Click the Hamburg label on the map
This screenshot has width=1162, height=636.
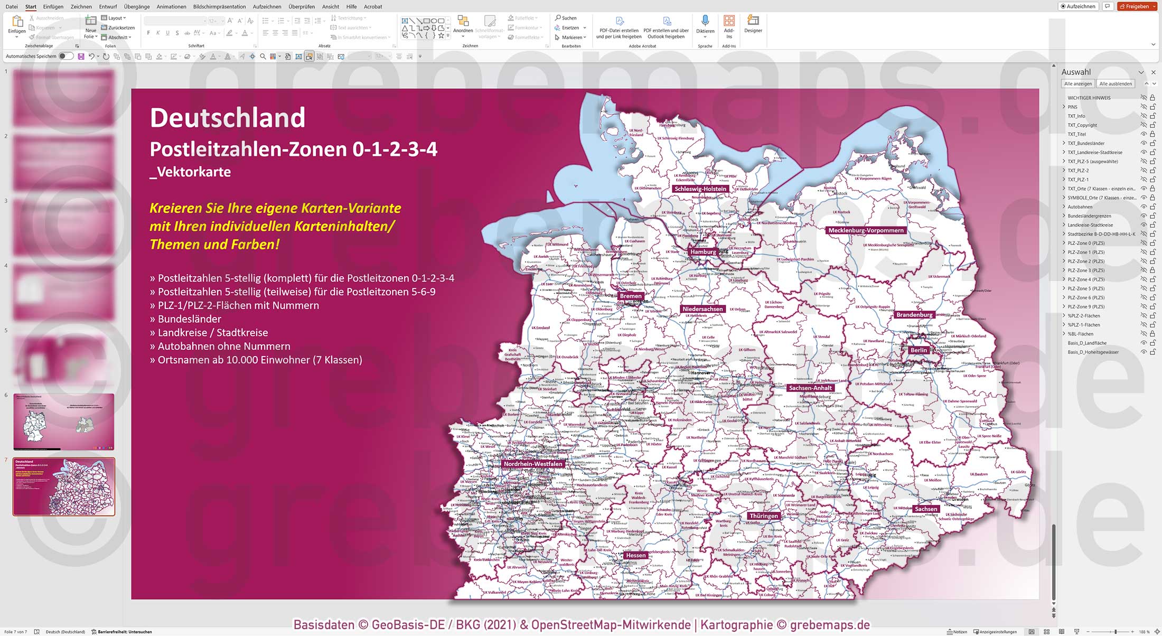pos(703,252)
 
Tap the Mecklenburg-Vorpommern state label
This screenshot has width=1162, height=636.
pos(866,230)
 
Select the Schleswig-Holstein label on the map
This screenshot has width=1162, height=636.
pos(700,189)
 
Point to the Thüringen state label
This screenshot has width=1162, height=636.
pos(763,516)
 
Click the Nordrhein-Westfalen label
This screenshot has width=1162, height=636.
pos(532,464)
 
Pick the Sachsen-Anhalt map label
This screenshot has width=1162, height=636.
pos(810,388)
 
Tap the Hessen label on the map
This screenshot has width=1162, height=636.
pos(635,555)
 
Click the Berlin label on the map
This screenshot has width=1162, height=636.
pos(919,350)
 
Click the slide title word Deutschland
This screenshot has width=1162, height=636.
pos(228,117)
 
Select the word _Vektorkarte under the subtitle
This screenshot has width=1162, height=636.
pos(190,172)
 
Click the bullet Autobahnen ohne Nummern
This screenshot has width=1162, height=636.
pos(224,346)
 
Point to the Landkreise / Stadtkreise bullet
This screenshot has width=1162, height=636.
pos(213,332)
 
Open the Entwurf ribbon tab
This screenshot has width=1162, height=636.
pos(108,6)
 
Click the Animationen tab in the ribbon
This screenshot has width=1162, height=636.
pos(171,6)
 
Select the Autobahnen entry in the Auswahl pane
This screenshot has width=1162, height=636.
pos(1080,207)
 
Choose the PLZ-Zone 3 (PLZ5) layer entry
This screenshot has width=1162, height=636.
pos(1086,270)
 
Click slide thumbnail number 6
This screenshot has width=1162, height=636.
pos(63,422)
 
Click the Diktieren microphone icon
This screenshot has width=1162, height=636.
pos(705,21)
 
